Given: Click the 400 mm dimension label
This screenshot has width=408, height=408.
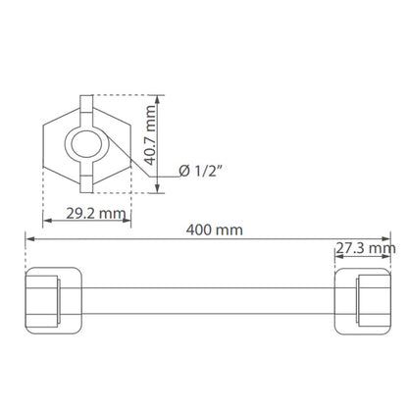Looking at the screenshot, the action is tap(215, 229).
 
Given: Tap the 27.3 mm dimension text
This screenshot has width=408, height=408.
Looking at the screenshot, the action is tap(366, 248).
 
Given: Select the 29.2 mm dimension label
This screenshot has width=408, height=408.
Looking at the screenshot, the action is tap(96, 214).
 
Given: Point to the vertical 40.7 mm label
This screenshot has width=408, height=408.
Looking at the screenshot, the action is tap(150, 135).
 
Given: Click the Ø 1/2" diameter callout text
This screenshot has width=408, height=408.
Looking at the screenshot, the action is tap(201, 171).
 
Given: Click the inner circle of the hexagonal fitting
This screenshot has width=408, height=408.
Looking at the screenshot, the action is tap(86, 144).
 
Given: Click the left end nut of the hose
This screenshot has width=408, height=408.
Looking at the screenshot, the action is tap(53, 301).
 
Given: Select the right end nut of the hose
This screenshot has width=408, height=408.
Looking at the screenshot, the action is tap(363, 301).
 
